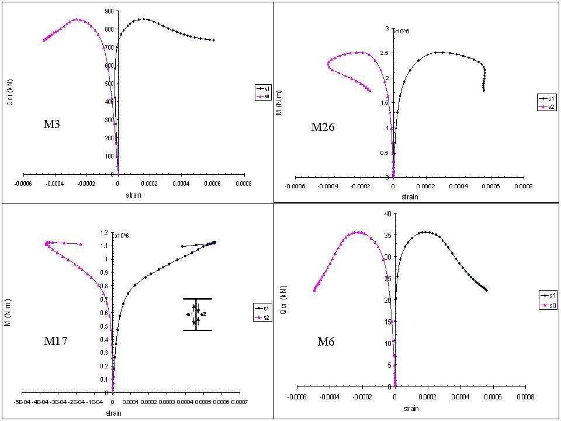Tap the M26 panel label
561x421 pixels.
323,127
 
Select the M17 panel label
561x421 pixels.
57,341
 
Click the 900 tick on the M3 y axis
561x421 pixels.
109,11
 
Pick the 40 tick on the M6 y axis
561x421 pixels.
387,214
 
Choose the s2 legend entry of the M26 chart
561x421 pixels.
549,106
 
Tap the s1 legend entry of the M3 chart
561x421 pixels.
261,88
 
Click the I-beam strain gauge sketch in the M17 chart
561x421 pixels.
196,315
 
